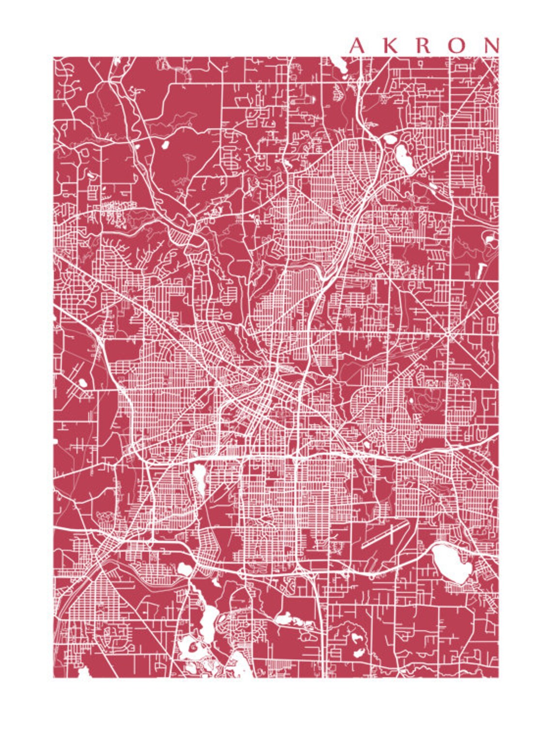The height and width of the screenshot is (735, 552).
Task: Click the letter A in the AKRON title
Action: (357, 45)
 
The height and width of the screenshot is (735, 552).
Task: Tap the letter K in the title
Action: (390, 45)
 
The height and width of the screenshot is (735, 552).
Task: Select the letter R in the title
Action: (423, 45)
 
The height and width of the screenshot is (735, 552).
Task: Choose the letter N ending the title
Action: (491, 45)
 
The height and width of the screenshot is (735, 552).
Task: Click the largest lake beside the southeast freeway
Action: (451, 562)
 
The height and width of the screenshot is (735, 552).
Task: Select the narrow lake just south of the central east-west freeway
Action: (199, 477)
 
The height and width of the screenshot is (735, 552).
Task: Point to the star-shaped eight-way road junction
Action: (449, 334)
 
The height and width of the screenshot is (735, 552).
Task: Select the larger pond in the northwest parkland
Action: (165, 144)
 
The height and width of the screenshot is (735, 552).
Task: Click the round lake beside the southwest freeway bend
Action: (184, 569)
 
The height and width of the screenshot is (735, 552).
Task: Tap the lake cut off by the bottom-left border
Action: (83, 672)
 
